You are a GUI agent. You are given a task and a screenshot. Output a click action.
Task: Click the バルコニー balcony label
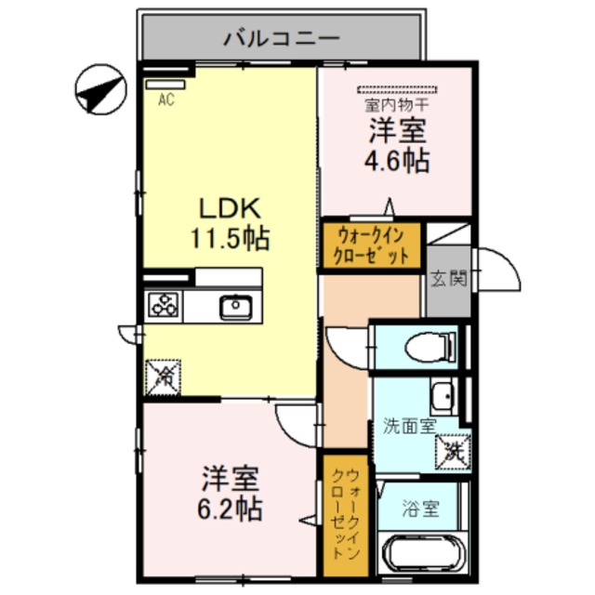(284, 39)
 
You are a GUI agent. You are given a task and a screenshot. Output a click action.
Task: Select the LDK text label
(230, 207)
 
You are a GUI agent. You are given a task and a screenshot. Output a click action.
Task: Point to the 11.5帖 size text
(231, 238)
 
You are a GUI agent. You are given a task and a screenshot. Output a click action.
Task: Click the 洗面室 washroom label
(410, 426)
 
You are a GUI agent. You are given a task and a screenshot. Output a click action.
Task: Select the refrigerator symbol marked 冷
(164, 377)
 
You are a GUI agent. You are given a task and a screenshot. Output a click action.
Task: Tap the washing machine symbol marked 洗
(452, 452)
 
